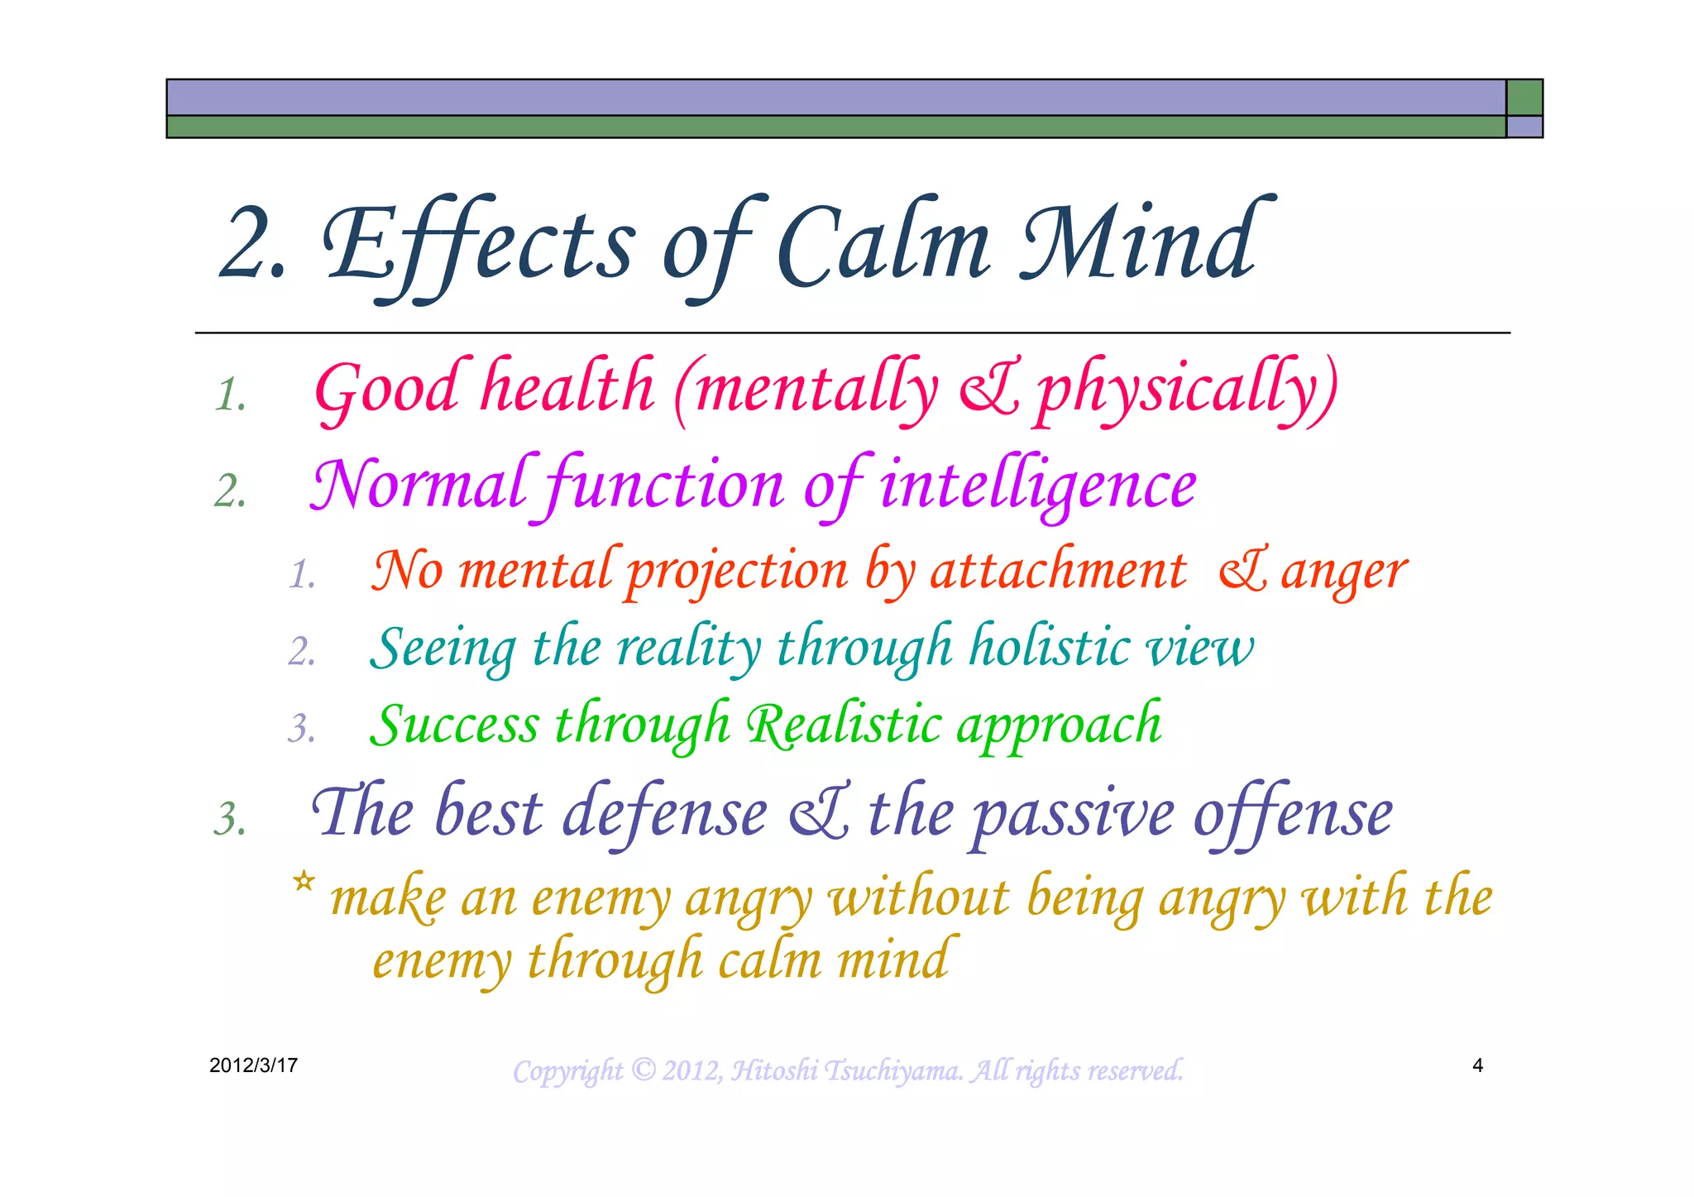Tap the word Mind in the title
[1141, 242]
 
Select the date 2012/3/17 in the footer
[253, 1065]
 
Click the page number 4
[1477, 1065]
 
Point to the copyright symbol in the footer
[643, 1070]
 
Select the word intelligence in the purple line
[1037, 486]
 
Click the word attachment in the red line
[1058, 572]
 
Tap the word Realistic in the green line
[844, 725]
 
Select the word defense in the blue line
[665, 813]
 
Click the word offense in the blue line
[1292, 813]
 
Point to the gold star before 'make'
[304, 882]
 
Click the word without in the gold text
[918, 897]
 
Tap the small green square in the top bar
[1524, 98]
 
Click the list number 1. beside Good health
[231, 395]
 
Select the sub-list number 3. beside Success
[302, 729]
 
